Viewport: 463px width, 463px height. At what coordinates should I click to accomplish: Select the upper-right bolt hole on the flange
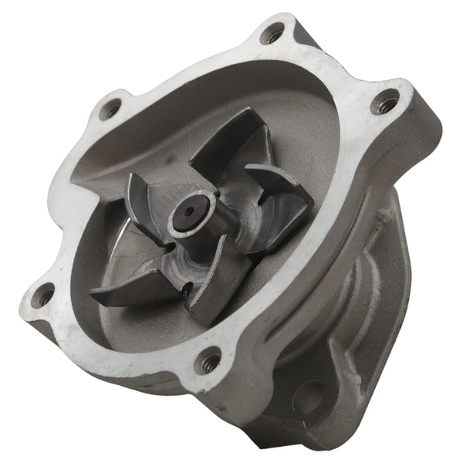tap(384, 102)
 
